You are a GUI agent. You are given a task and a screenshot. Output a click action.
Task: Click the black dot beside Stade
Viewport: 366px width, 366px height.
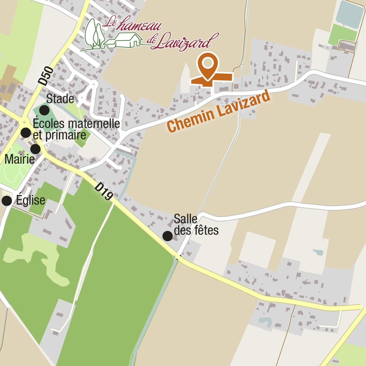[x=44, y=110]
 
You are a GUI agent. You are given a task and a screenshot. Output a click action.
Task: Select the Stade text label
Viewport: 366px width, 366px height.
[x=60, y=99]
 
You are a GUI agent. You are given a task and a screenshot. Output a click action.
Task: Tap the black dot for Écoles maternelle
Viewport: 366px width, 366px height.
[x=26, y=133]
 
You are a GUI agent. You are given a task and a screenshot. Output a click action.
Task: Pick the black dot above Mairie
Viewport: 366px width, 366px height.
[x=35, y=149]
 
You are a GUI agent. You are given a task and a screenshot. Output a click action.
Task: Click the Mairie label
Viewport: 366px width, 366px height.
[x=20, y=160]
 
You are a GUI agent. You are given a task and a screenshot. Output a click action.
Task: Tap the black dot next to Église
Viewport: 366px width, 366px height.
[x=7, y=201]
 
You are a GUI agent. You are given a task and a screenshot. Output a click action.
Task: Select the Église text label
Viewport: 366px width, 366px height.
[x=31, y=201]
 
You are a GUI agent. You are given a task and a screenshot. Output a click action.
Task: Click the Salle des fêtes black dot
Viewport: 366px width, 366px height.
[x=167, y=236]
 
